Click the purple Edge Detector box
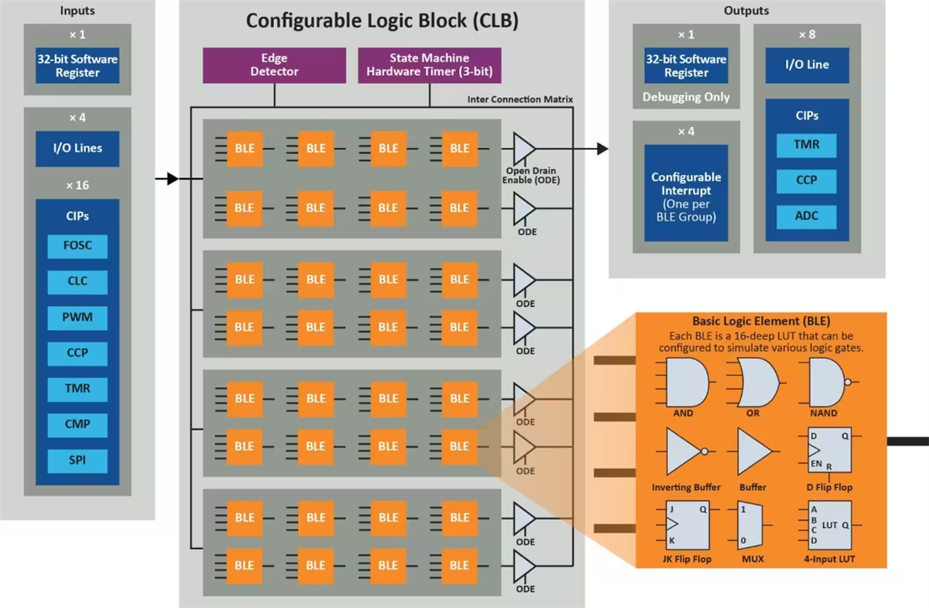point(274,65)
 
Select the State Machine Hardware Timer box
point(429,65)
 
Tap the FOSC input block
point(77,246)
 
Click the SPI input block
point(77,460)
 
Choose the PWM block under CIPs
point(77,318)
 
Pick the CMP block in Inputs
point(77,424)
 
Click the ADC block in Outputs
point(806,216)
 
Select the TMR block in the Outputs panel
point(806,145)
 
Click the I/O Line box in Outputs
point(807,65)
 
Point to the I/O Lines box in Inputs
point(77,148)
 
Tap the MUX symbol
point(752,524)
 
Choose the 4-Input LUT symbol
point(829,524)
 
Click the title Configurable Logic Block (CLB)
point(382,21)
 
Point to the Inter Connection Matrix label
point(519,99)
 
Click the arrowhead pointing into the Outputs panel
point(602,149)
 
